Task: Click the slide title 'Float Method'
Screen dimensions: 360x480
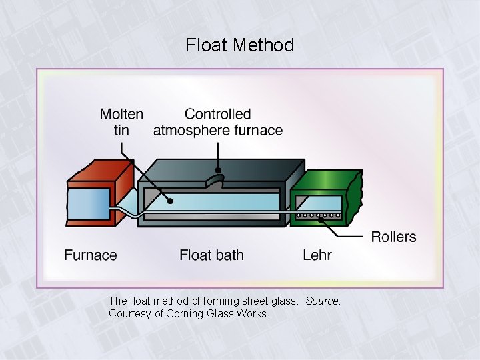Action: [x=239, y=45]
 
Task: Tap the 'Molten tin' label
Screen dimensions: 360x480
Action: [x=121, y=122]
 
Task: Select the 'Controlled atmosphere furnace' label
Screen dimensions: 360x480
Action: [x=217, y=122]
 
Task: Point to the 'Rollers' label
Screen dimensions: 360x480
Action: [x=393, y=237]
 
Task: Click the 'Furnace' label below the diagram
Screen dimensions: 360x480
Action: [x=91, y=255]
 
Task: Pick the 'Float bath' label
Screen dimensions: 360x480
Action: [x=211, y=255]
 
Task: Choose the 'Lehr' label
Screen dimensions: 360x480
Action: [x=317, y=255]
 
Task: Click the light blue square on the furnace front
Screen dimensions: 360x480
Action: [x=89, y=207]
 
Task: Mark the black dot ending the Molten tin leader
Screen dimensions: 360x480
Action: [x=171, y=201]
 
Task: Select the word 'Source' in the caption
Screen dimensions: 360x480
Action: [x=323, y=301]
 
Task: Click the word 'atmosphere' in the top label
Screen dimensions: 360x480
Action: [x=191, y=130]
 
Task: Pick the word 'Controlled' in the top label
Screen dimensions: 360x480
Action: [x=217, y=114]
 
